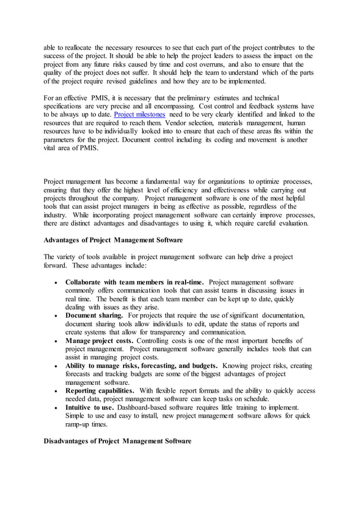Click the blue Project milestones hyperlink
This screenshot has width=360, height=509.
click(x=139, y=115)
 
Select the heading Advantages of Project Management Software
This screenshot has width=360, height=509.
click(x=113, y=240)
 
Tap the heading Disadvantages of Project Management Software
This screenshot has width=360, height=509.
click(x=117, y=441)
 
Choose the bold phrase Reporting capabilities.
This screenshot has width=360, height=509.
click(x=100, y=390)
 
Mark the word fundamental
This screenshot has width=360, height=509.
click(x=153, y=182)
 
